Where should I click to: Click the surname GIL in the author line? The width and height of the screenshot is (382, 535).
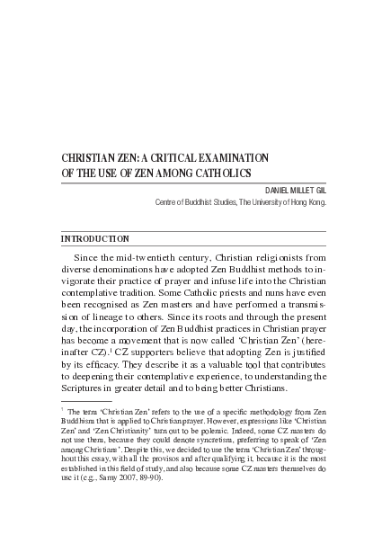[317, 190]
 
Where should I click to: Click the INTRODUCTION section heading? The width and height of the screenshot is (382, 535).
[94, 239]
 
